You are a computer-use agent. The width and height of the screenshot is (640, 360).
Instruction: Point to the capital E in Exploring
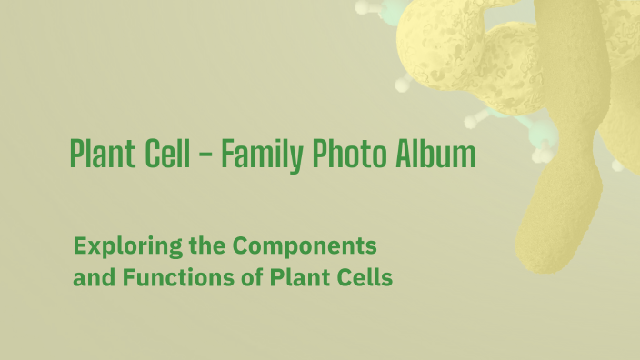pos(80,245)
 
